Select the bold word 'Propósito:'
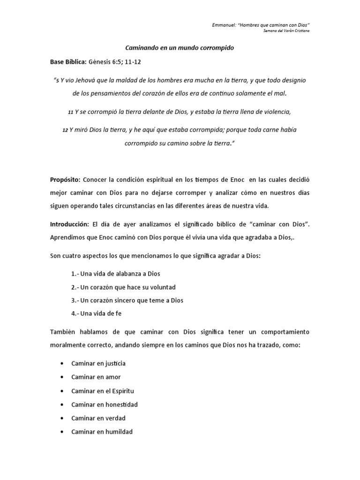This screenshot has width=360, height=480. point(65,180)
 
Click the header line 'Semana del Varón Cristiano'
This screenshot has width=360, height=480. point(286,31)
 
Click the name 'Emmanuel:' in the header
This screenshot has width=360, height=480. point(224,24)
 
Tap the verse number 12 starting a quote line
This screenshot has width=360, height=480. point(65,130)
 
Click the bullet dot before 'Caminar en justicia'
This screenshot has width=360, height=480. point(62,363)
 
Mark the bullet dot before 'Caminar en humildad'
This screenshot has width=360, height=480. point(62,432)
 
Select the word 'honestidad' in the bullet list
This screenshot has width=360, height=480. point(121,404)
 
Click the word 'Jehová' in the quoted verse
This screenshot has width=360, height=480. point(95,80)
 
